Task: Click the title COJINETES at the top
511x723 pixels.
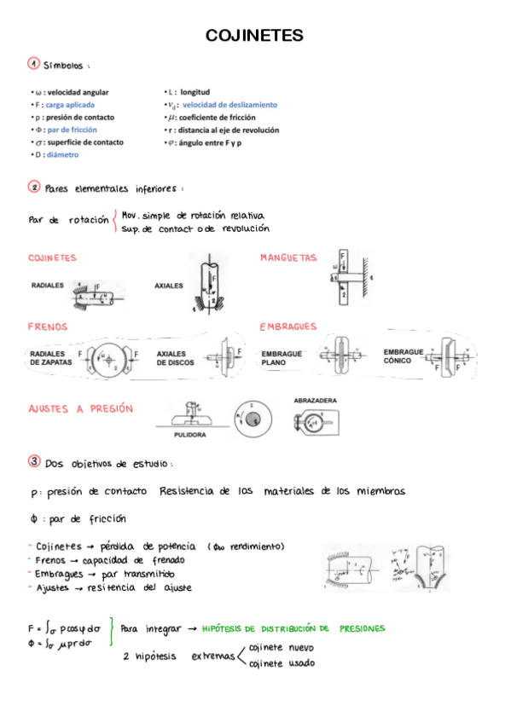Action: pos(255,36)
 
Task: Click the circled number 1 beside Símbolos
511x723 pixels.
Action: pos(32,64)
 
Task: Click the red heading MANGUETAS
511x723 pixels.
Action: pos(288,257)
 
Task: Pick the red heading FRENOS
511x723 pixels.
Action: pos(48,327)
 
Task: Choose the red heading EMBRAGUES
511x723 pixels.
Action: pos(288,327)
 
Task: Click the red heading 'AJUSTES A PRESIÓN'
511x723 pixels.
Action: pos(81,409)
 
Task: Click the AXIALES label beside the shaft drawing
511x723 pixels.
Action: pos(169,286)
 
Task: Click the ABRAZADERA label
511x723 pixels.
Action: pos(315,400)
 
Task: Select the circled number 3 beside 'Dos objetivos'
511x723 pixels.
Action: pos(34,461)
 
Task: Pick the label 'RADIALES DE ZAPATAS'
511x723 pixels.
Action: pos(49,357)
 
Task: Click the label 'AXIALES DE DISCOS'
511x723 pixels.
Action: pos(175,357)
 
